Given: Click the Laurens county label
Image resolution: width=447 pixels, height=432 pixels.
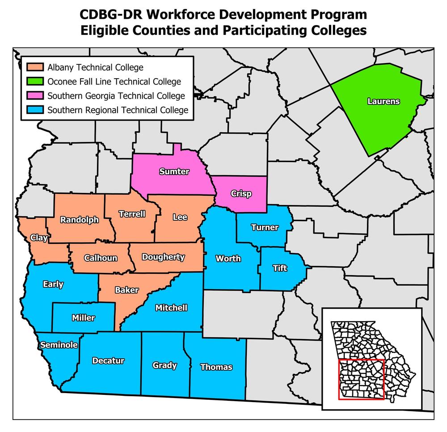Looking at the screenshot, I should point(383,101).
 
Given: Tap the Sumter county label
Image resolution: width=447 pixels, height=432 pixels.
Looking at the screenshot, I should point(174,172).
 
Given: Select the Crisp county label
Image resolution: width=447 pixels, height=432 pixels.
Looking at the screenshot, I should point(241,194).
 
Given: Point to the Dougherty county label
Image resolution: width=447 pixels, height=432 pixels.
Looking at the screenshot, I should point(163,257).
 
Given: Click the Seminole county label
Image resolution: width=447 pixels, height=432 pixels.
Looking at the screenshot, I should point(59,345).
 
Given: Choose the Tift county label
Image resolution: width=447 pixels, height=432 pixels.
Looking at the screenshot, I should point(280,268).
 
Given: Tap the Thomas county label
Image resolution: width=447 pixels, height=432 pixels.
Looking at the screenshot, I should point(216,367).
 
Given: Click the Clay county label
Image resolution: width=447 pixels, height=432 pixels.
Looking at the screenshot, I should point(39,238).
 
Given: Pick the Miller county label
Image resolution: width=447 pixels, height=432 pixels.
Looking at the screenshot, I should point(83,318).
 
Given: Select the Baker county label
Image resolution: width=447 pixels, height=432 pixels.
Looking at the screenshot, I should point(127,290).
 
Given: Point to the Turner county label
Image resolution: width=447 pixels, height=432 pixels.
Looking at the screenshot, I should point(265,227).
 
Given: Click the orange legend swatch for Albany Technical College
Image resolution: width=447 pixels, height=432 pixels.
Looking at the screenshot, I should point(34,67).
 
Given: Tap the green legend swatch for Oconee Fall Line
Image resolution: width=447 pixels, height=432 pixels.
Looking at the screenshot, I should point(34,82).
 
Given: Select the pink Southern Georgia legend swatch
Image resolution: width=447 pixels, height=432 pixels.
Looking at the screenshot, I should point(34,96).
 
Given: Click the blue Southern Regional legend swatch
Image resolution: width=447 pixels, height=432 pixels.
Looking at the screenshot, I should point(34,110).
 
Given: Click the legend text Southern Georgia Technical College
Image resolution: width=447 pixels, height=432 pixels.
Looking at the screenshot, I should point(116,96).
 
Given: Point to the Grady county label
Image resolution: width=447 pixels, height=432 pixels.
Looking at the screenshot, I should point(164,365).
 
